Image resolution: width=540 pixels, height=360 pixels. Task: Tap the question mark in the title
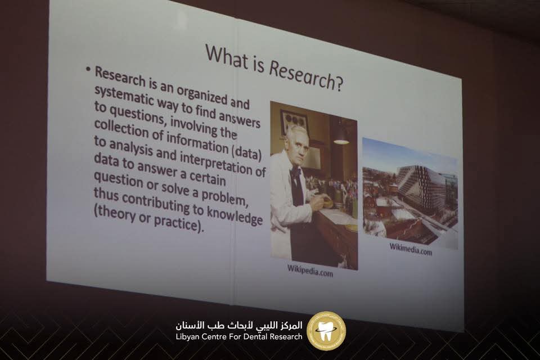[339, 83]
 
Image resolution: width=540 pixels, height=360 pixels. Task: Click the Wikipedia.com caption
[310, 271]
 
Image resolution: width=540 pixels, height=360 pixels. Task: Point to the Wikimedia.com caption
[411, 249]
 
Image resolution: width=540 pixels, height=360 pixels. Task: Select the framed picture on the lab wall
[294, 120]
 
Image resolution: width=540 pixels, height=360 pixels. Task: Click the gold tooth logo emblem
[326, 331]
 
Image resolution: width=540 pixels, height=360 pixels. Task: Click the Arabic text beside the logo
[238, 325]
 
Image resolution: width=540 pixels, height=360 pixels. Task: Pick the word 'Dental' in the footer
[256, 336]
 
